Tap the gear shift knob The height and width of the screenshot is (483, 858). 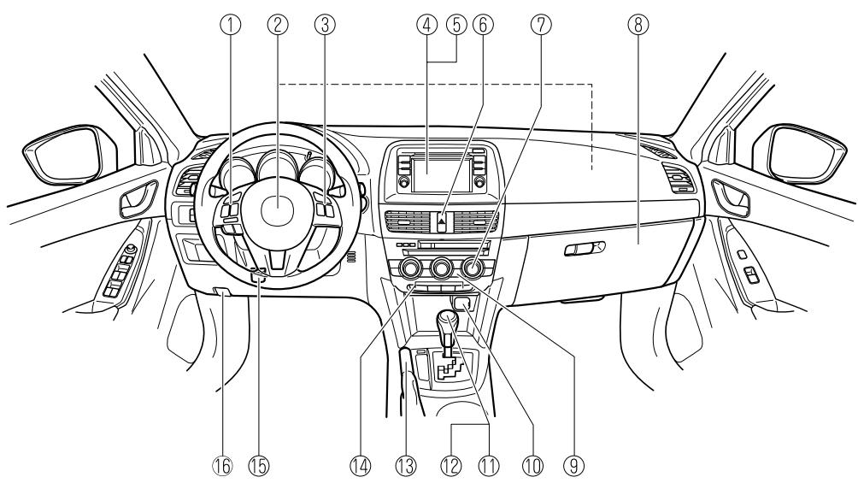coord(448,325)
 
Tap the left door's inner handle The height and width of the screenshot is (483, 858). coord(134,202)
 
